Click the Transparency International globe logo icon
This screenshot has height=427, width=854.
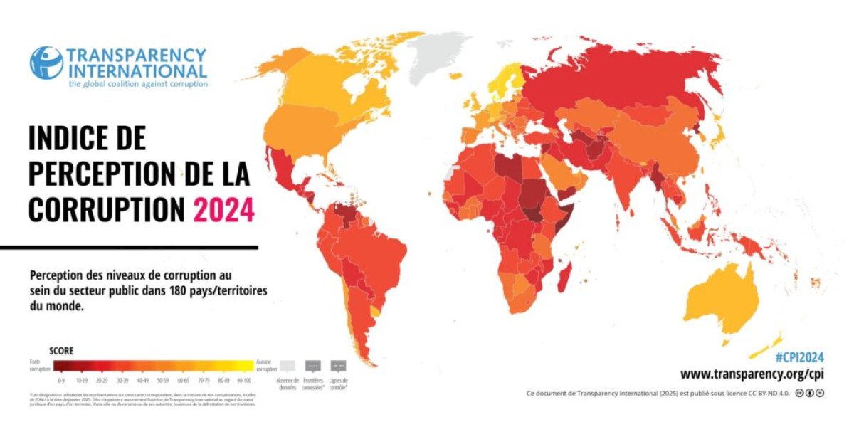(x=46, y=63)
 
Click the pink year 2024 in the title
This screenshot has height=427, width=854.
(x=223, y=209)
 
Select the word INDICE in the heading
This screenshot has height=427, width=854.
(x=76, y=137)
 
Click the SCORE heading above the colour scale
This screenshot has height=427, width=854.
(x=61, y=351)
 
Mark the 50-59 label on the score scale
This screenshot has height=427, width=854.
(x=163, y=381)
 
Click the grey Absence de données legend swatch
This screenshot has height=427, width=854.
(x=287, y=366)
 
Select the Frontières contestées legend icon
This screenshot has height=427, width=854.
(x=312, y=366)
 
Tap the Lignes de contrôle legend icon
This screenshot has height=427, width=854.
(x=338, y=366)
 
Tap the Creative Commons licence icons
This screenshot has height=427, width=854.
(x=809, y=393)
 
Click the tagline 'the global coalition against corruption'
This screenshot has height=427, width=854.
(x=138, y=84)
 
